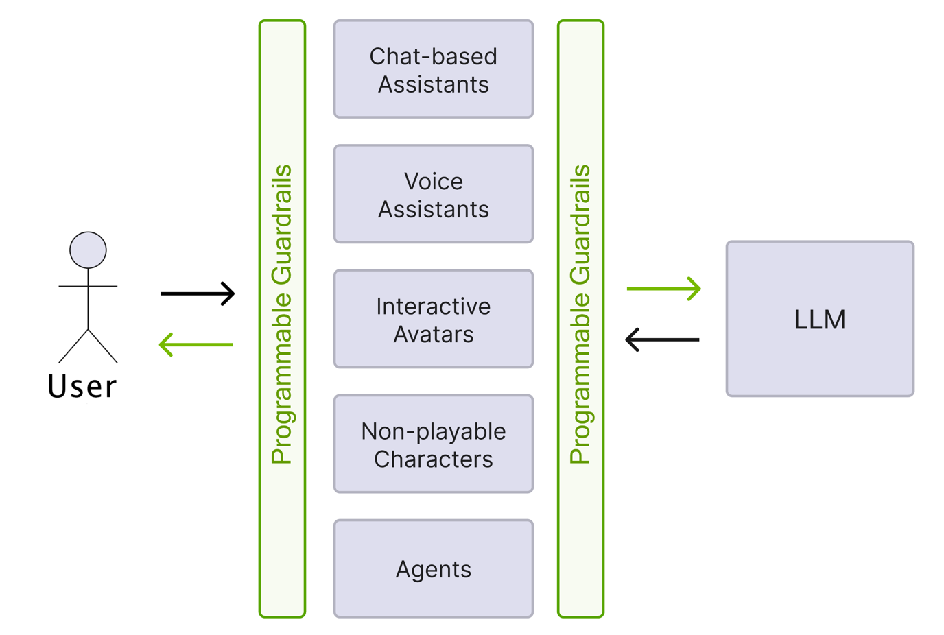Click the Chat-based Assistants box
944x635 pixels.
click(433, 69)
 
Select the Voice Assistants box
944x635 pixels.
click(433, 194)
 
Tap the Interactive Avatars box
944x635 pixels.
click(433, 319)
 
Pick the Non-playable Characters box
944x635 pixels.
click(433, 444)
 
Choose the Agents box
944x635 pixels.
click(433, 568)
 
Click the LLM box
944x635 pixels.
click(820, 319)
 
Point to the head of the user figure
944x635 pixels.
click(88, 250)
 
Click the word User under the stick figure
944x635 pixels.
click(82, 386)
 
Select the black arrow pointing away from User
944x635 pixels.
click(198, 293)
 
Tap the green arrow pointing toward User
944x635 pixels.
click(196, 344)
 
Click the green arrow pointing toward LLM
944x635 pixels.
click(663, 289)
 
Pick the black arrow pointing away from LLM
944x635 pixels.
click(663, 339)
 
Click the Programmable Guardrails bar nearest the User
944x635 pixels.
click(282, 319)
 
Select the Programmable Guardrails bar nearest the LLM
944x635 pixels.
click(580, 319)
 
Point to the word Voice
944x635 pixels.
click(433, 181)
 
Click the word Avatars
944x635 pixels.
click(433, 334)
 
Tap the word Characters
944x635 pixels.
click(433, 459)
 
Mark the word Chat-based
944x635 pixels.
click(433, 56)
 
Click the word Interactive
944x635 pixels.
click(433, 306)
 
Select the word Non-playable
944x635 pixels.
click(433, 431)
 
